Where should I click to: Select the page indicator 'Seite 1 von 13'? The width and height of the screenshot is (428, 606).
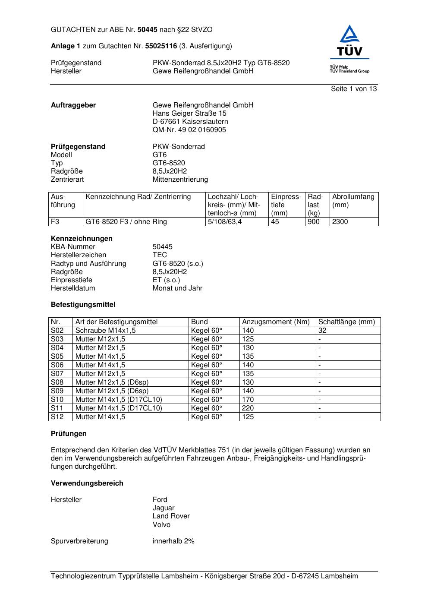point(354,89)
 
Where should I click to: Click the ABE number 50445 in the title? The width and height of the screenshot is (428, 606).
point(148,30)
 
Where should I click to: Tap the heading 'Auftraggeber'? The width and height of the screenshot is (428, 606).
point(73,105)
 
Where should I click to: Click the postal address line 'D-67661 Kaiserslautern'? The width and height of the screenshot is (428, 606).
point(190,122)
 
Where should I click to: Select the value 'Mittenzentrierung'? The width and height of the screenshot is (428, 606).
point(180,180)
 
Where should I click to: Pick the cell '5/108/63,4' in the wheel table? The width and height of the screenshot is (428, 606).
point(225,222)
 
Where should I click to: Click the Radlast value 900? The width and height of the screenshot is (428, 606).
point(314,222)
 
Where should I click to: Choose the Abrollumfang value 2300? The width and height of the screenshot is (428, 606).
point(340,222)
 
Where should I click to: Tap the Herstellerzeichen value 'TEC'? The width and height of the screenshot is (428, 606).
point(160,255)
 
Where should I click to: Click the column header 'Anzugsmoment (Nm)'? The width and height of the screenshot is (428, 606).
point(276,322)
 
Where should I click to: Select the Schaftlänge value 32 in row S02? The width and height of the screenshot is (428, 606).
point(322,331)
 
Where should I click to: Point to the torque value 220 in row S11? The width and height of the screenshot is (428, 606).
point(248,408)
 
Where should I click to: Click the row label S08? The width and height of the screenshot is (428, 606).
point(57,382)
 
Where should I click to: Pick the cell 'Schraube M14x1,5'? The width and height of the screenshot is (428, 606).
point(105,331)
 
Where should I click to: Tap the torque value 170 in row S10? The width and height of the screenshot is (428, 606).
point(248,400)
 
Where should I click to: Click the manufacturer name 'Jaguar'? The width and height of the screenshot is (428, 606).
point(164,508)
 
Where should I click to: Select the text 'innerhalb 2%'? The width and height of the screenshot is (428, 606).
point(173,541)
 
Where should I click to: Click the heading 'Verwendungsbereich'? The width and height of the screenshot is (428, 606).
point(87,483)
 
